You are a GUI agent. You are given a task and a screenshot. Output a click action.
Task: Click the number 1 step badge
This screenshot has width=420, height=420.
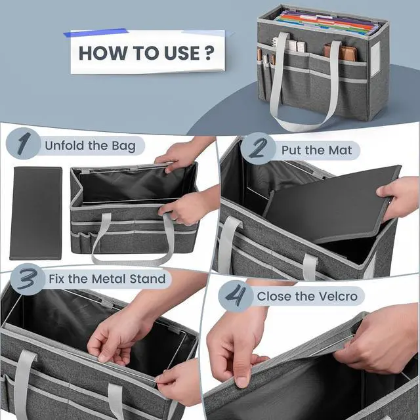click(26, 145)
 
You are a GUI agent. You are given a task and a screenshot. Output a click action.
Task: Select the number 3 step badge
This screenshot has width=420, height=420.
click(26, 279)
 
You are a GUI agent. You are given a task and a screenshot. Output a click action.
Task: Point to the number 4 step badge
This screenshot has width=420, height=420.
click(234, 296)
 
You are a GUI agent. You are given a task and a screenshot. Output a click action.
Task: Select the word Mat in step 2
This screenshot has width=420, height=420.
click(340, 150)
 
